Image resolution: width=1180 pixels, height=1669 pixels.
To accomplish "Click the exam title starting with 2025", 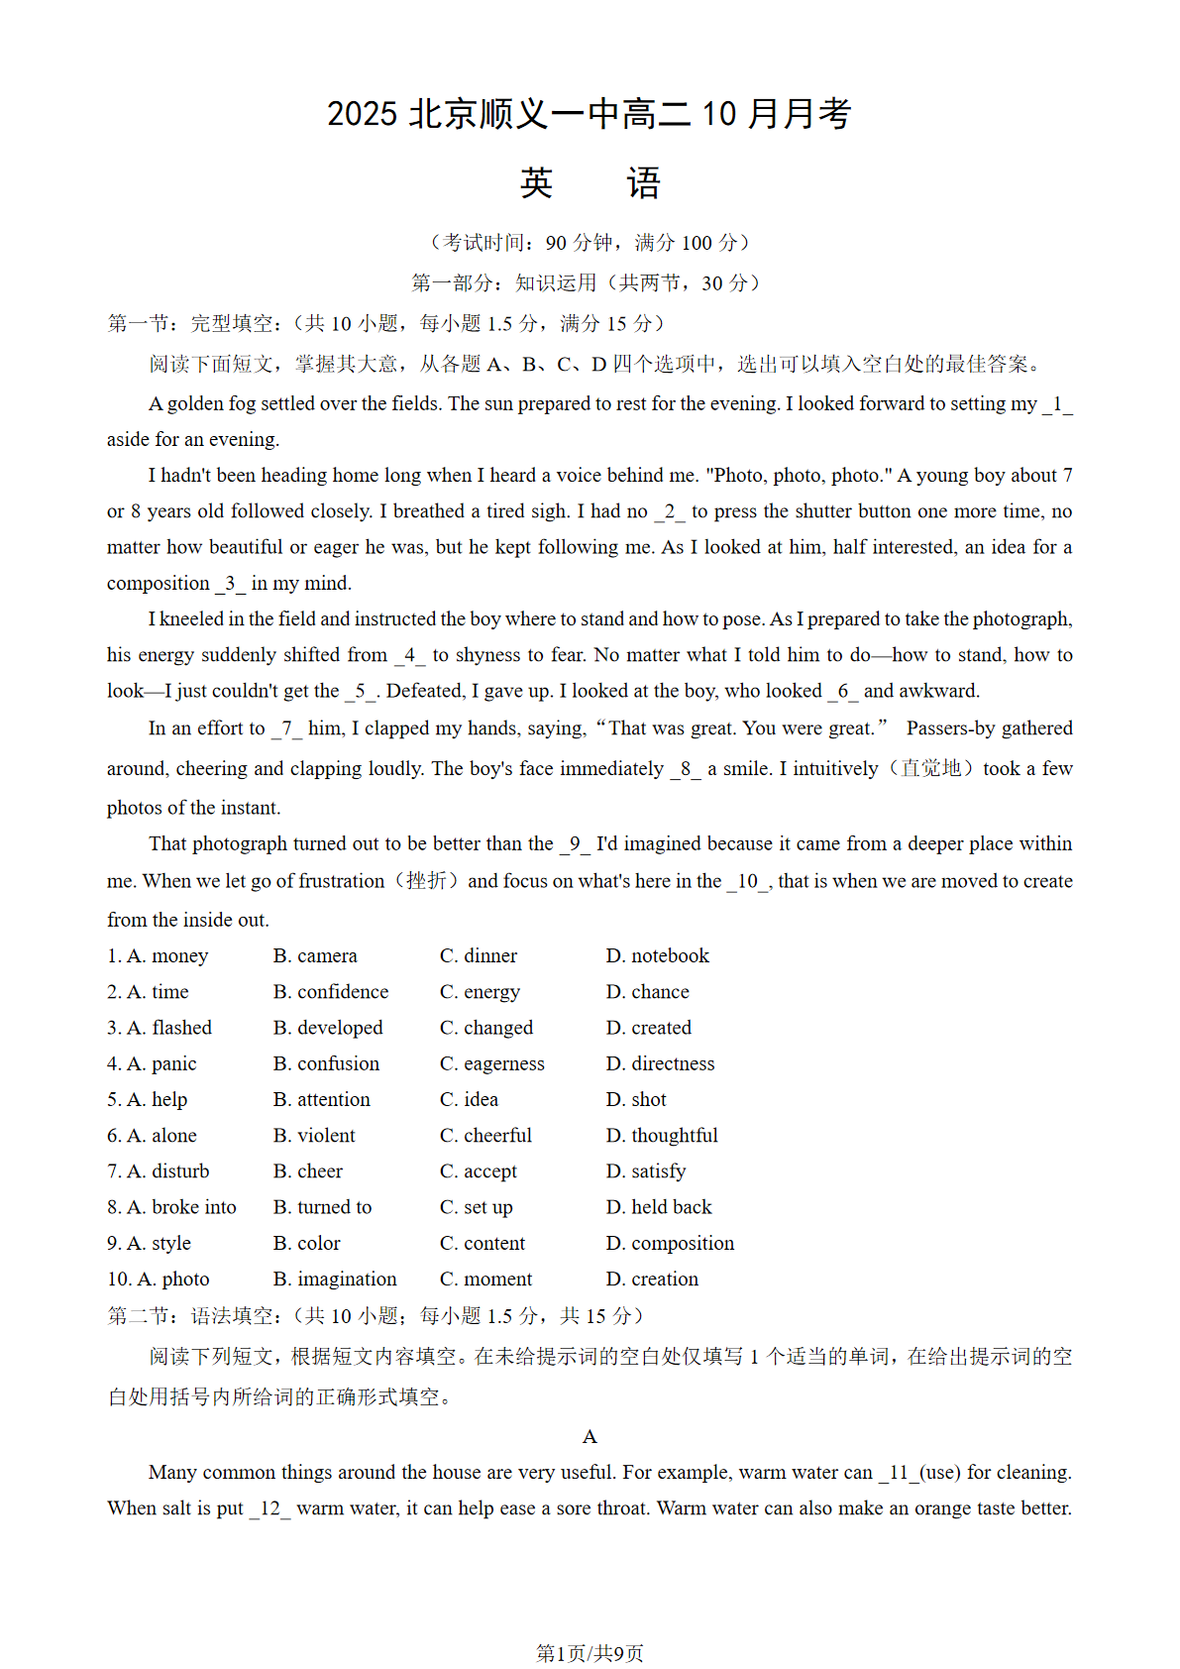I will tap(590, 114).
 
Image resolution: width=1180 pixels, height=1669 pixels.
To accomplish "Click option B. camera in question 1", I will tap(315, 956).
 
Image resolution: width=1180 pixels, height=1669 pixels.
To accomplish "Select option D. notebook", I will tap(658, 956).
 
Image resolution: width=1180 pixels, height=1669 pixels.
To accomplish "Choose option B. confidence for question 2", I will tap(331, 992).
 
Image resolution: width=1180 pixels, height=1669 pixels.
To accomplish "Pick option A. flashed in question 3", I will tap(161, 1028).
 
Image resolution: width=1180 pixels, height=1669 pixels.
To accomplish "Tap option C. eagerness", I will tap(492, 1064).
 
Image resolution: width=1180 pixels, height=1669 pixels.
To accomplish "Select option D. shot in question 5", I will tap(636, 1100).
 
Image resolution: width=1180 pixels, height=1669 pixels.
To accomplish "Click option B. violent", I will tap(314, 1136).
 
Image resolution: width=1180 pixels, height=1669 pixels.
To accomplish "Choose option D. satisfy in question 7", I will tap(646, 1171).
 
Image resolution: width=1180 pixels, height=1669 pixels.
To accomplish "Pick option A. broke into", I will tap(172, 1207).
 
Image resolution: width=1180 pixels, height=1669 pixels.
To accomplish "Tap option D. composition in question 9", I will tap(670, 1244).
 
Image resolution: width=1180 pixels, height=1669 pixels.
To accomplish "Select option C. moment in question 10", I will tap(485, 1280).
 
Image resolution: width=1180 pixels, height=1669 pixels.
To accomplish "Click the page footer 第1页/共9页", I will tap(590, 1653).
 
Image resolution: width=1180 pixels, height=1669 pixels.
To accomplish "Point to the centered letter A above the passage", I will tap(590, 1437).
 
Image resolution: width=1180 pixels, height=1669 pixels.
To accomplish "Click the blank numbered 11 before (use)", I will tap(898, 1473).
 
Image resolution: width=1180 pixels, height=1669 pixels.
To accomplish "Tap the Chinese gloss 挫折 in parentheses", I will tap(426, 881).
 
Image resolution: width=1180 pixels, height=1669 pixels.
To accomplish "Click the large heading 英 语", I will tap(590, 183).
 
